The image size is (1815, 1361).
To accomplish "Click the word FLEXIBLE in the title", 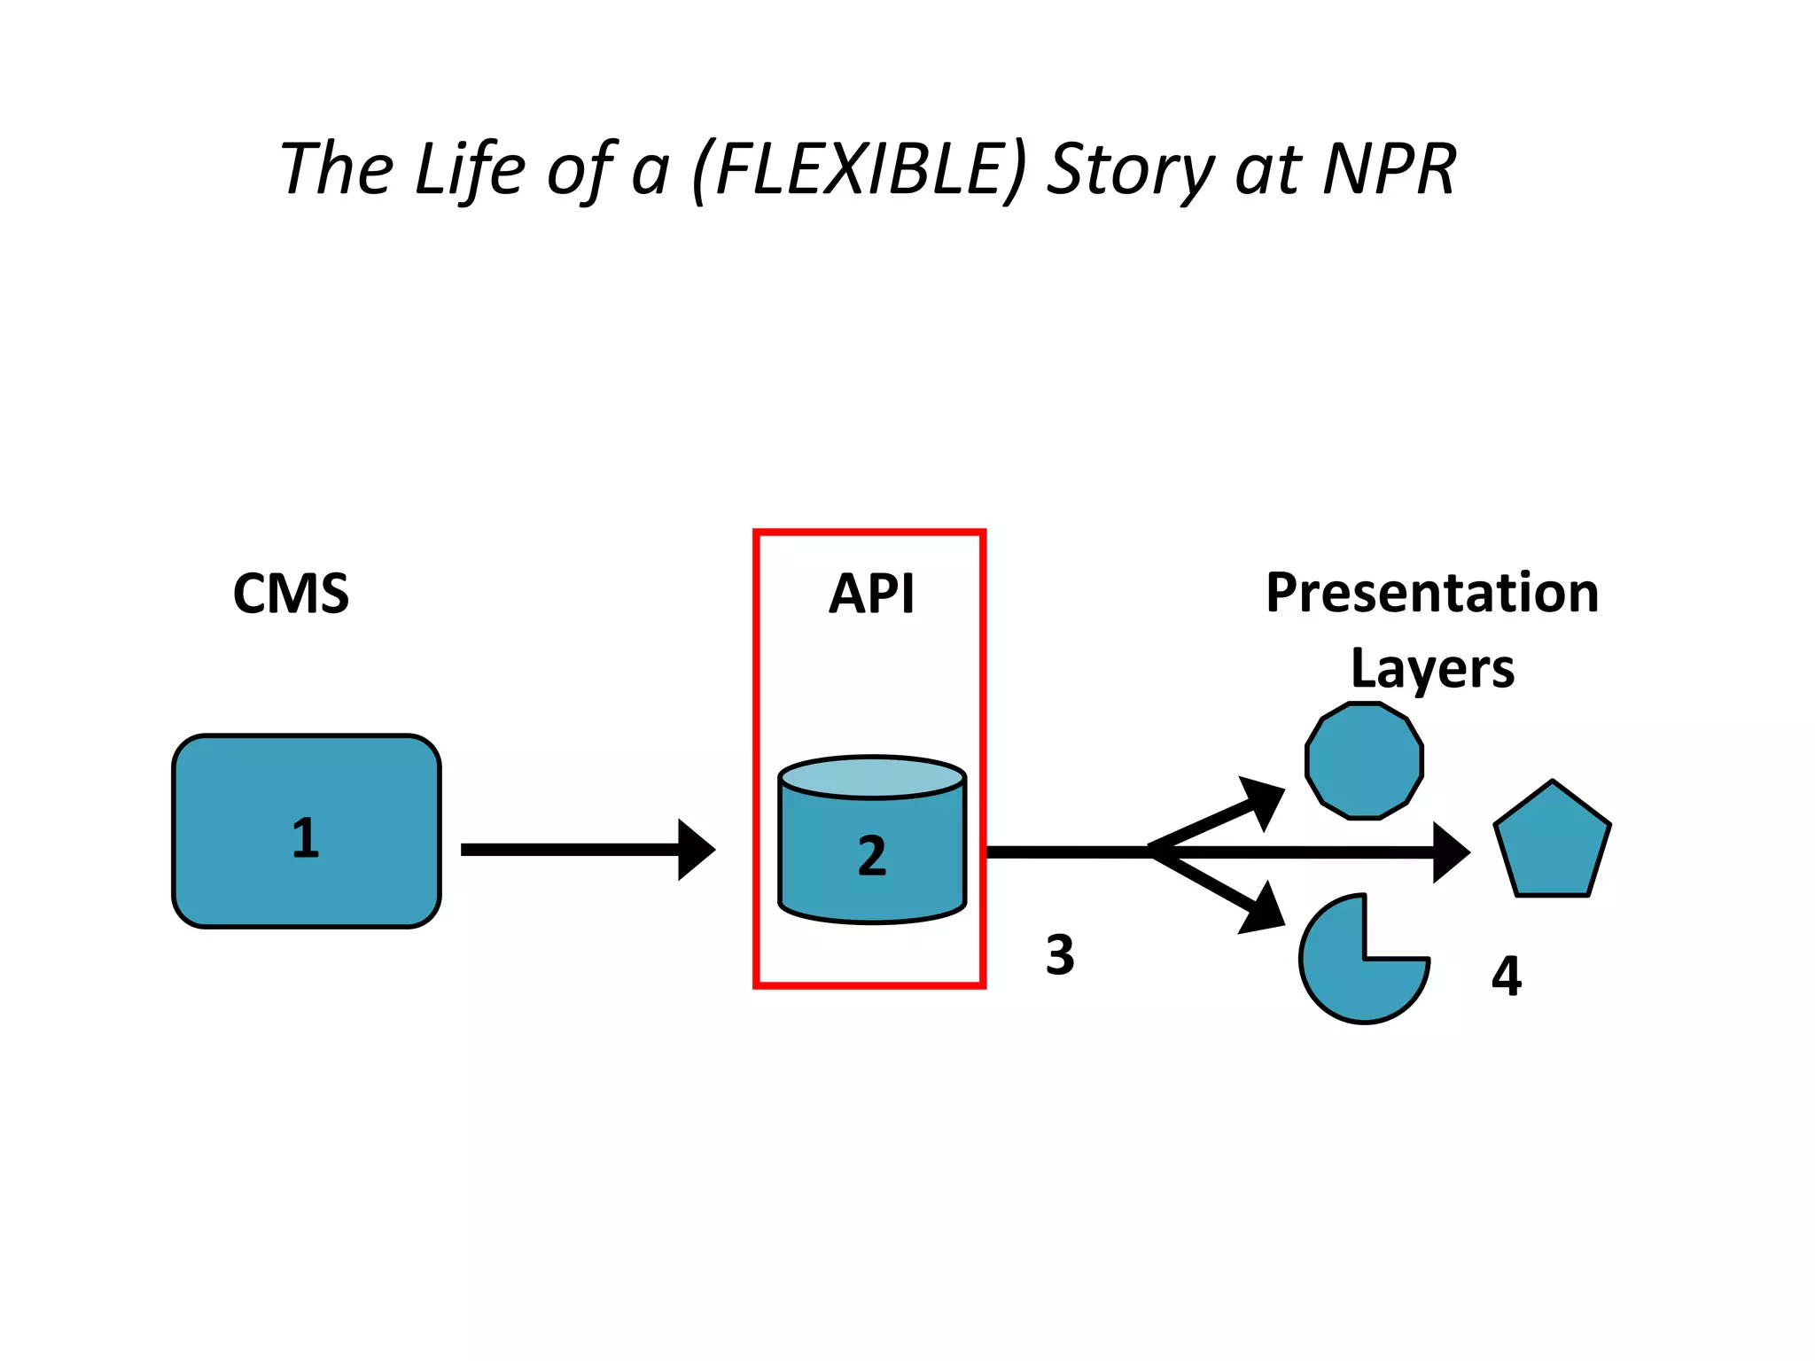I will (x=859, y=169).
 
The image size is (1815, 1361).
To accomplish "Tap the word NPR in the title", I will (x=1389, y=169).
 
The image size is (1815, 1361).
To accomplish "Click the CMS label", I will (x=291, y=594).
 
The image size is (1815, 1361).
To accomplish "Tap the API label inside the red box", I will (x=871, y=594).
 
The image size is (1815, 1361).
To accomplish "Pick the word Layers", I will (x=1432, y=668).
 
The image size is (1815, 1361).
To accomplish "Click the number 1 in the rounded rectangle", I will (x=306, y=838).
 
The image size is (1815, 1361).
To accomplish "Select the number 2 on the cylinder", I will (x=872, y=856).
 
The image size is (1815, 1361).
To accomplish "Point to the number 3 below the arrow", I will (x=1060, y=955).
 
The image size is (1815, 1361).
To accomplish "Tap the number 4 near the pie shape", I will (x=1506, y=976).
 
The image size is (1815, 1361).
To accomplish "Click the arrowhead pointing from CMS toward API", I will (x=695, y=850).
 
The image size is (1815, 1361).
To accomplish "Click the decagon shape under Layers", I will (x=1364, y=761).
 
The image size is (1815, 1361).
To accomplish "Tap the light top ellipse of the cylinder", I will (x=872, y=777).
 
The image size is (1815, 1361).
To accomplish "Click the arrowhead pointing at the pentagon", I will (x=1449, y=852).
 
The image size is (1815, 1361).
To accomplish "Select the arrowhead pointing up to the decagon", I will (x=1264, y=800).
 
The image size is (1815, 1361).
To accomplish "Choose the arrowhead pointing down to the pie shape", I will (x=1264, y=910).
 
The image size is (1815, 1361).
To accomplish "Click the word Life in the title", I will (x=470, y=169).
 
